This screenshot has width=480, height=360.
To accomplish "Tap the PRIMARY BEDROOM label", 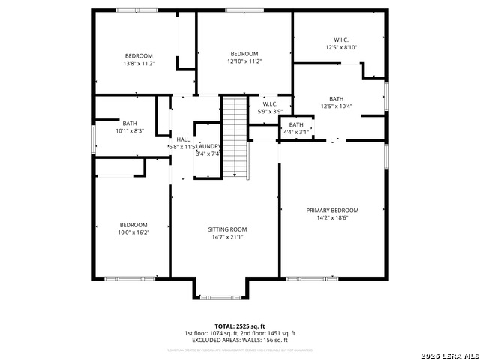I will click(332, 211).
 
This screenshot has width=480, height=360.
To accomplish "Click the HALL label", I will click(183, 139).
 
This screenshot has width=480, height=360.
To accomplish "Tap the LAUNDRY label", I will click(209, 146).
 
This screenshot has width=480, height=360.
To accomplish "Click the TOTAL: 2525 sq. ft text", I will click(240, 326).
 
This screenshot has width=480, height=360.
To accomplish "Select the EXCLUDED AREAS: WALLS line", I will click(240, 340).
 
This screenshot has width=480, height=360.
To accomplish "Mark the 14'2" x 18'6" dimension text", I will click(332, 218).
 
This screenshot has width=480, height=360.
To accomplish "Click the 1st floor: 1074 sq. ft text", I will click(211, 333).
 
